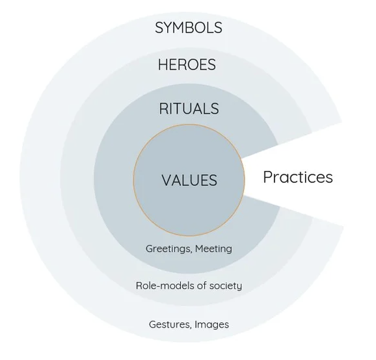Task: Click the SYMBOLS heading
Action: tap(189, 27)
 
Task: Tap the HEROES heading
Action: tap(187, 65)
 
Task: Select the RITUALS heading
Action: tap(189, 109)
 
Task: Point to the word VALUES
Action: tap(189, 180)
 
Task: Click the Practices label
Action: tap(298, 177)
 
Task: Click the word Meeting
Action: tap(213, 249)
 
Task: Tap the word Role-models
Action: tap(165, 285)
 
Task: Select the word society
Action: tap(226, 286)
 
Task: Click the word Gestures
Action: tap(170, 324)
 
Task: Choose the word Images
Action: tap(211, 325)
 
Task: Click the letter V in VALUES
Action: tap(166, 180)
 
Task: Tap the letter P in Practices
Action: tap(267, 177)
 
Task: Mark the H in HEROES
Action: tap(163, 65)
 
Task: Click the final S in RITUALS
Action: tap(215, 109)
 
